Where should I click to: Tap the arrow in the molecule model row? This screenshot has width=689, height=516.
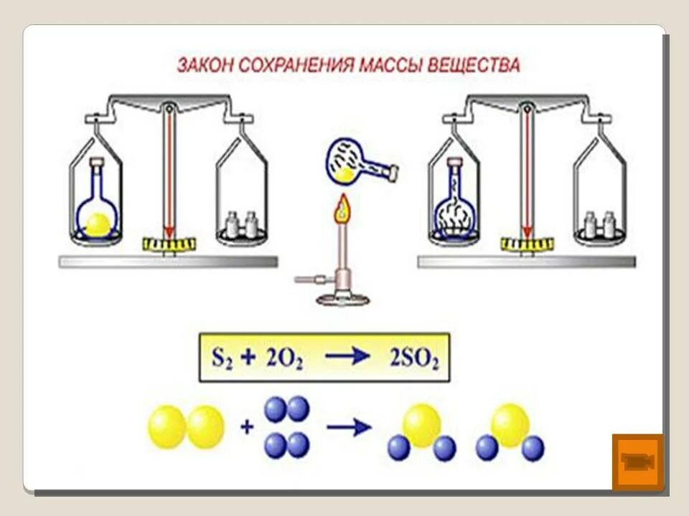pyautogui.click(x=348, y=428)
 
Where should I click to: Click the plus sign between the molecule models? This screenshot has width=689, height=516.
pyautogui.click(x=247, y=428)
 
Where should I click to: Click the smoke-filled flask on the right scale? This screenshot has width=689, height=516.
pyautogui.click(x=454, y=207)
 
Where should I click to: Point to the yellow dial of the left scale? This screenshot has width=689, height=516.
pyautogui.click(x=169, y=244)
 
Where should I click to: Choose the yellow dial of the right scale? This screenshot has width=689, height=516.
pyautogui.click(x=528, y=244)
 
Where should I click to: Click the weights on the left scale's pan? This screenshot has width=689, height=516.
pyautogui.click(x=242, y=225)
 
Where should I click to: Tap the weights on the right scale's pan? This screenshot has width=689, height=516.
pyautogui.click(x=600, y=225)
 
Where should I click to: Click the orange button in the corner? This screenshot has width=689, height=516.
pyautogui.click(x=637, y=462)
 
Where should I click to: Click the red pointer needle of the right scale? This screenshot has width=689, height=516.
pyautogui.click(x=528, y=172)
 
